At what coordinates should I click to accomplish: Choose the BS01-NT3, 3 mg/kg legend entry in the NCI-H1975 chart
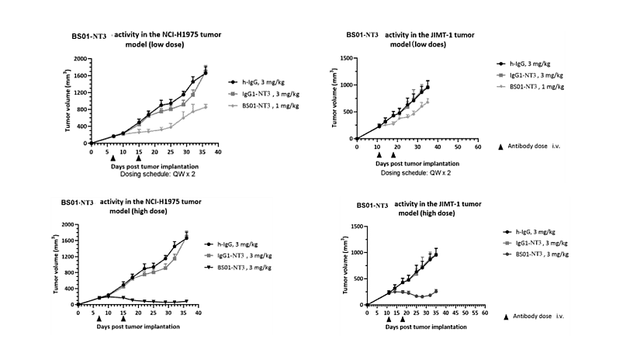[x=252, y=267]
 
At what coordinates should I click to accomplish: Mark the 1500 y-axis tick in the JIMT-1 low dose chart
[x=345, y=58]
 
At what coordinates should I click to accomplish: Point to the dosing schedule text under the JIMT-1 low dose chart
[x=415, y=171]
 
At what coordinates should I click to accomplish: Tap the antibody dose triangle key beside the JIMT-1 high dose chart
[x=507, y=317]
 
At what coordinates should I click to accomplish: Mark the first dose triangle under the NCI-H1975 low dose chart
[x=113, y=157]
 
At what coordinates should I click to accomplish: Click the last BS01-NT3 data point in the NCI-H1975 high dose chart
[x=186, y=300]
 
